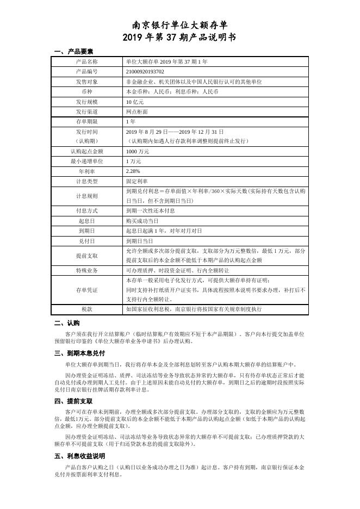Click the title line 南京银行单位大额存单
click(x=180, y=26)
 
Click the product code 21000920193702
click(x=145, y=71)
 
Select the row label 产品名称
click(x=87, y=61)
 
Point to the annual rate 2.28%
click(x=133, y=171)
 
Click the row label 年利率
click(x=87, y=171)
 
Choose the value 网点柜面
click(x=136, y=111)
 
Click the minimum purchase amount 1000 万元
click(x=137, y=151)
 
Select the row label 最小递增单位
click(x=87, y=162)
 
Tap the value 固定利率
click(x=136, y=181)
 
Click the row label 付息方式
click(x=87, y=210)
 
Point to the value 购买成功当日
click(x=142, y=221)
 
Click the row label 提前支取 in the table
click(x=87, y=256)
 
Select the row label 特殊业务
click(x=87, y=270)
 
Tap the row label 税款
click(x=87, y=309)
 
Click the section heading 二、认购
click(x=67, y=323)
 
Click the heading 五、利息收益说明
click(x=80, y=456)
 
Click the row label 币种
click(x=87, y=91)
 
